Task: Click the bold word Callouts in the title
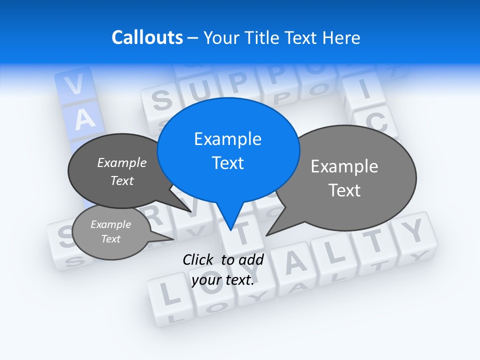coord(147,37)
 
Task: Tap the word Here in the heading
coord(341,38)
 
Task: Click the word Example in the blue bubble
coord(227,139)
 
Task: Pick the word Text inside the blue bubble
coord(227,163)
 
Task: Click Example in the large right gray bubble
coord(344,166)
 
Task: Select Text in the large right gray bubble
coord(344,190)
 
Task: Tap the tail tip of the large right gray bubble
coord(266,235)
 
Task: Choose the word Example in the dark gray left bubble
coord(122,162)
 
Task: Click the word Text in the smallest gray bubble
coord(110,239)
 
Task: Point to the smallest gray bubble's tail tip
coord(173,239)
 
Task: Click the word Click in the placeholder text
coord(199,259)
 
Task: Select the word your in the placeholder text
coord(206,280)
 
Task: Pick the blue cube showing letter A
coord(85,119)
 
